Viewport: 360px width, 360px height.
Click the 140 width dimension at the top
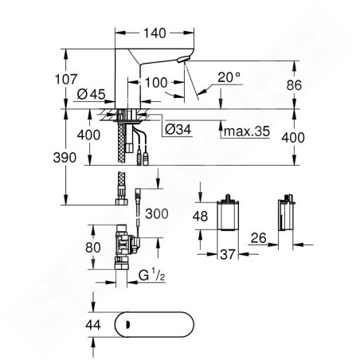(x=155, y=33)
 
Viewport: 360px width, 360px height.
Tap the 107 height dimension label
(x=66, y=79)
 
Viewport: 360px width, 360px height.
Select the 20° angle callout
(x=229, y=77)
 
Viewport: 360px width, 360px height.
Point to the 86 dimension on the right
(x=294, y=85)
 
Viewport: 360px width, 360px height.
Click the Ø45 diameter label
(x=91, y=94)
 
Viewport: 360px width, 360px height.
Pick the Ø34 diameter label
(x=178, y=130)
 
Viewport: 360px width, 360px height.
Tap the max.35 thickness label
(x=247, y=131)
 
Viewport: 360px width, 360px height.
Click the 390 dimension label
(x=65, y=158)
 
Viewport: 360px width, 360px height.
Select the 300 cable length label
(x=157, y=213)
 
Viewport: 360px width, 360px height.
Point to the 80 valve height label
(x=93, y=248)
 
